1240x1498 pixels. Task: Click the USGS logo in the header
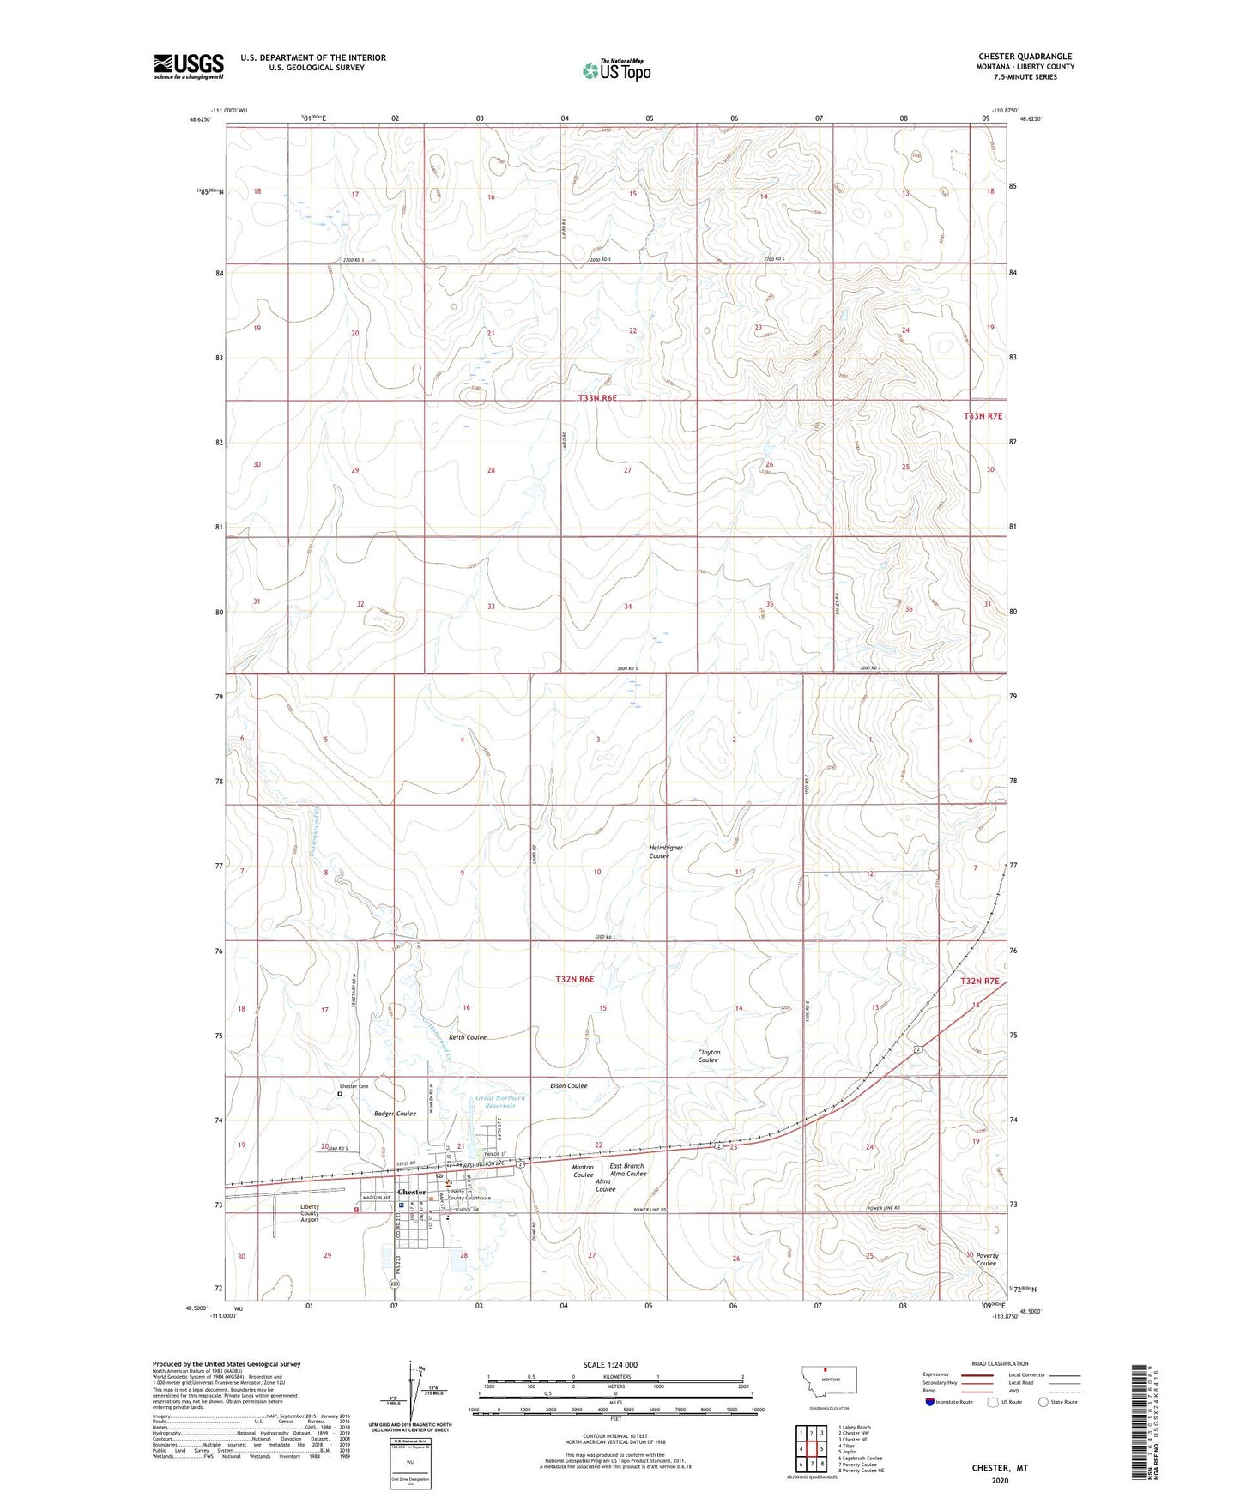click(x=189, y=66)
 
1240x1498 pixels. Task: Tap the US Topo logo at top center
click(x=615, y=70)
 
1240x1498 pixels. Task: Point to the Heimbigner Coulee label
click(x=665, y=851)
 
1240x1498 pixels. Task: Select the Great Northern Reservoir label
click(x=499, y=1102)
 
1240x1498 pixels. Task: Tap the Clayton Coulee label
click(x=708, y=1056)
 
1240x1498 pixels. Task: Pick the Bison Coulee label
click(x=568, y=1085)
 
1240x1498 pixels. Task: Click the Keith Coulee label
click(x=468, y=1037)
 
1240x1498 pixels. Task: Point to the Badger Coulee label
click(x=395, y=1114)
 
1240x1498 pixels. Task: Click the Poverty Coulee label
click(x=986, y=1259)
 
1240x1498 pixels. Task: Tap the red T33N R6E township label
click(x=597, y=398)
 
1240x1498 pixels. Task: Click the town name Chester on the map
click(x=411, y=1192)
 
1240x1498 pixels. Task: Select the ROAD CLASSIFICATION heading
click(x=1000, y=1363)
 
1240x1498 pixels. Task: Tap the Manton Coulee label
click(x=583, y=1171)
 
